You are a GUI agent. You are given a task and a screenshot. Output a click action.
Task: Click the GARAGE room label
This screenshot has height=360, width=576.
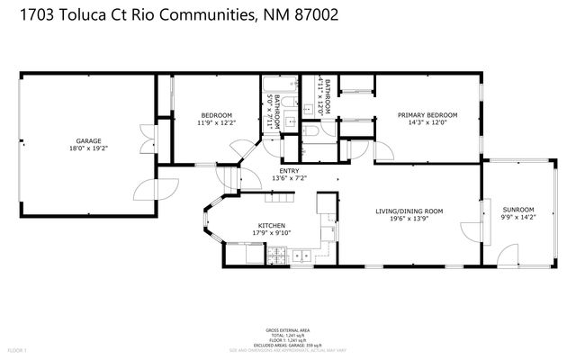(87, 140)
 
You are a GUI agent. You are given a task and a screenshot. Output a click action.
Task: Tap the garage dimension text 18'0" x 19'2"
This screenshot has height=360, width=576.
(87, 149)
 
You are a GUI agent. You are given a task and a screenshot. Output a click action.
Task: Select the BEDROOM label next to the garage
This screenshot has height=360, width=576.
(216, 115)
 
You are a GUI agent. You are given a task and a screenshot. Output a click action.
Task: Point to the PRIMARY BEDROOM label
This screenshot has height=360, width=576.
(427, 115)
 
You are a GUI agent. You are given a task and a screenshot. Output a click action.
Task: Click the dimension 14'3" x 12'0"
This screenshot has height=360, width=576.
(427, 124)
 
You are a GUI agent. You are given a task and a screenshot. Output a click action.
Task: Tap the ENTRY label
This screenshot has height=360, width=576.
(289, 170)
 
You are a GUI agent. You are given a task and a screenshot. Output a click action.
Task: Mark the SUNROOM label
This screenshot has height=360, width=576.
(517, 209)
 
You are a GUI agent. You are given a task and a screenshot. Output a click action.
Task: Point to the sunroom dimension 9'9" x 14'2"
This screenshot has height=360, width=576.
(517, 218)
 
